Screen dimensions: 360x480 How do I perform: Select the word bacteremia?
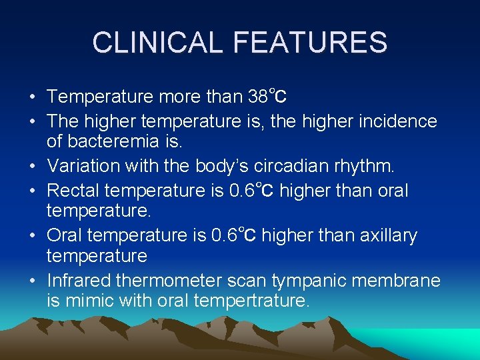tap(127, 142)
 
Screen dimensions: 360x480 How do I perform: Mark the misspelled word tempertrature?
tap(251, 301)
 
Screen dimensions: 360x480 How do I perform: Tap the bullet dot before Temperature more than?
tap(33, 98)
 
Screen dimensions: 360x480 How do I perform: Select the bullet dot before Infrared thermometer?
tap(33, 281)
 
